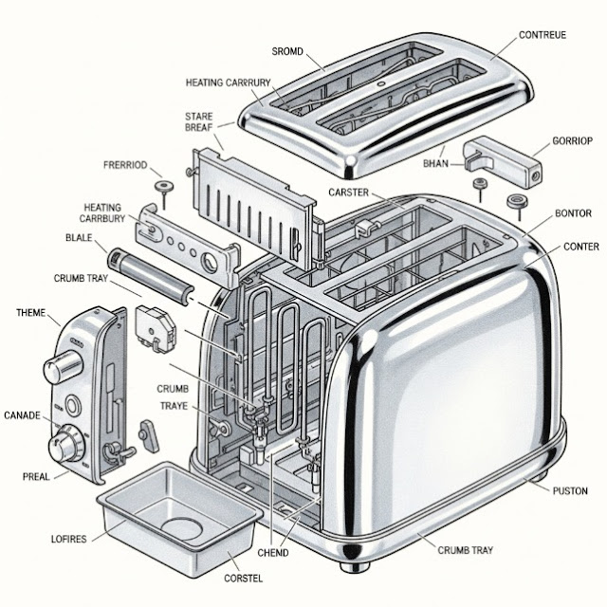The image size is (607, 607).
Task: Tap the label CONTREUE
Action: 543,35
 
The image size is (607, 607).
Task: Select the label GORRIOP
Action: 571,141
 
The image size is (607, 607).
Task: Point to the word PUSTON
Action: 570,490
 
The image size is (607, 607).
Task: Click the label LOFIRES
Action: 67,539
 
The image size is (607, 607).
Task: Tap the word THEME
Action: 31,312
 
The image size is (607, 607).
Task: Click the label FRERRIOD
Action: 125,165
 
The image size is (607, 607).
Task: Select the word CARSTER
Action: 348,193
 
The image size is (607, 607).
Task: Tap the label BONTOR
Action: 573,213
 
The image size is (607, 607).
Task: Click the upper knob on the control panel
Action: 65,364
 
